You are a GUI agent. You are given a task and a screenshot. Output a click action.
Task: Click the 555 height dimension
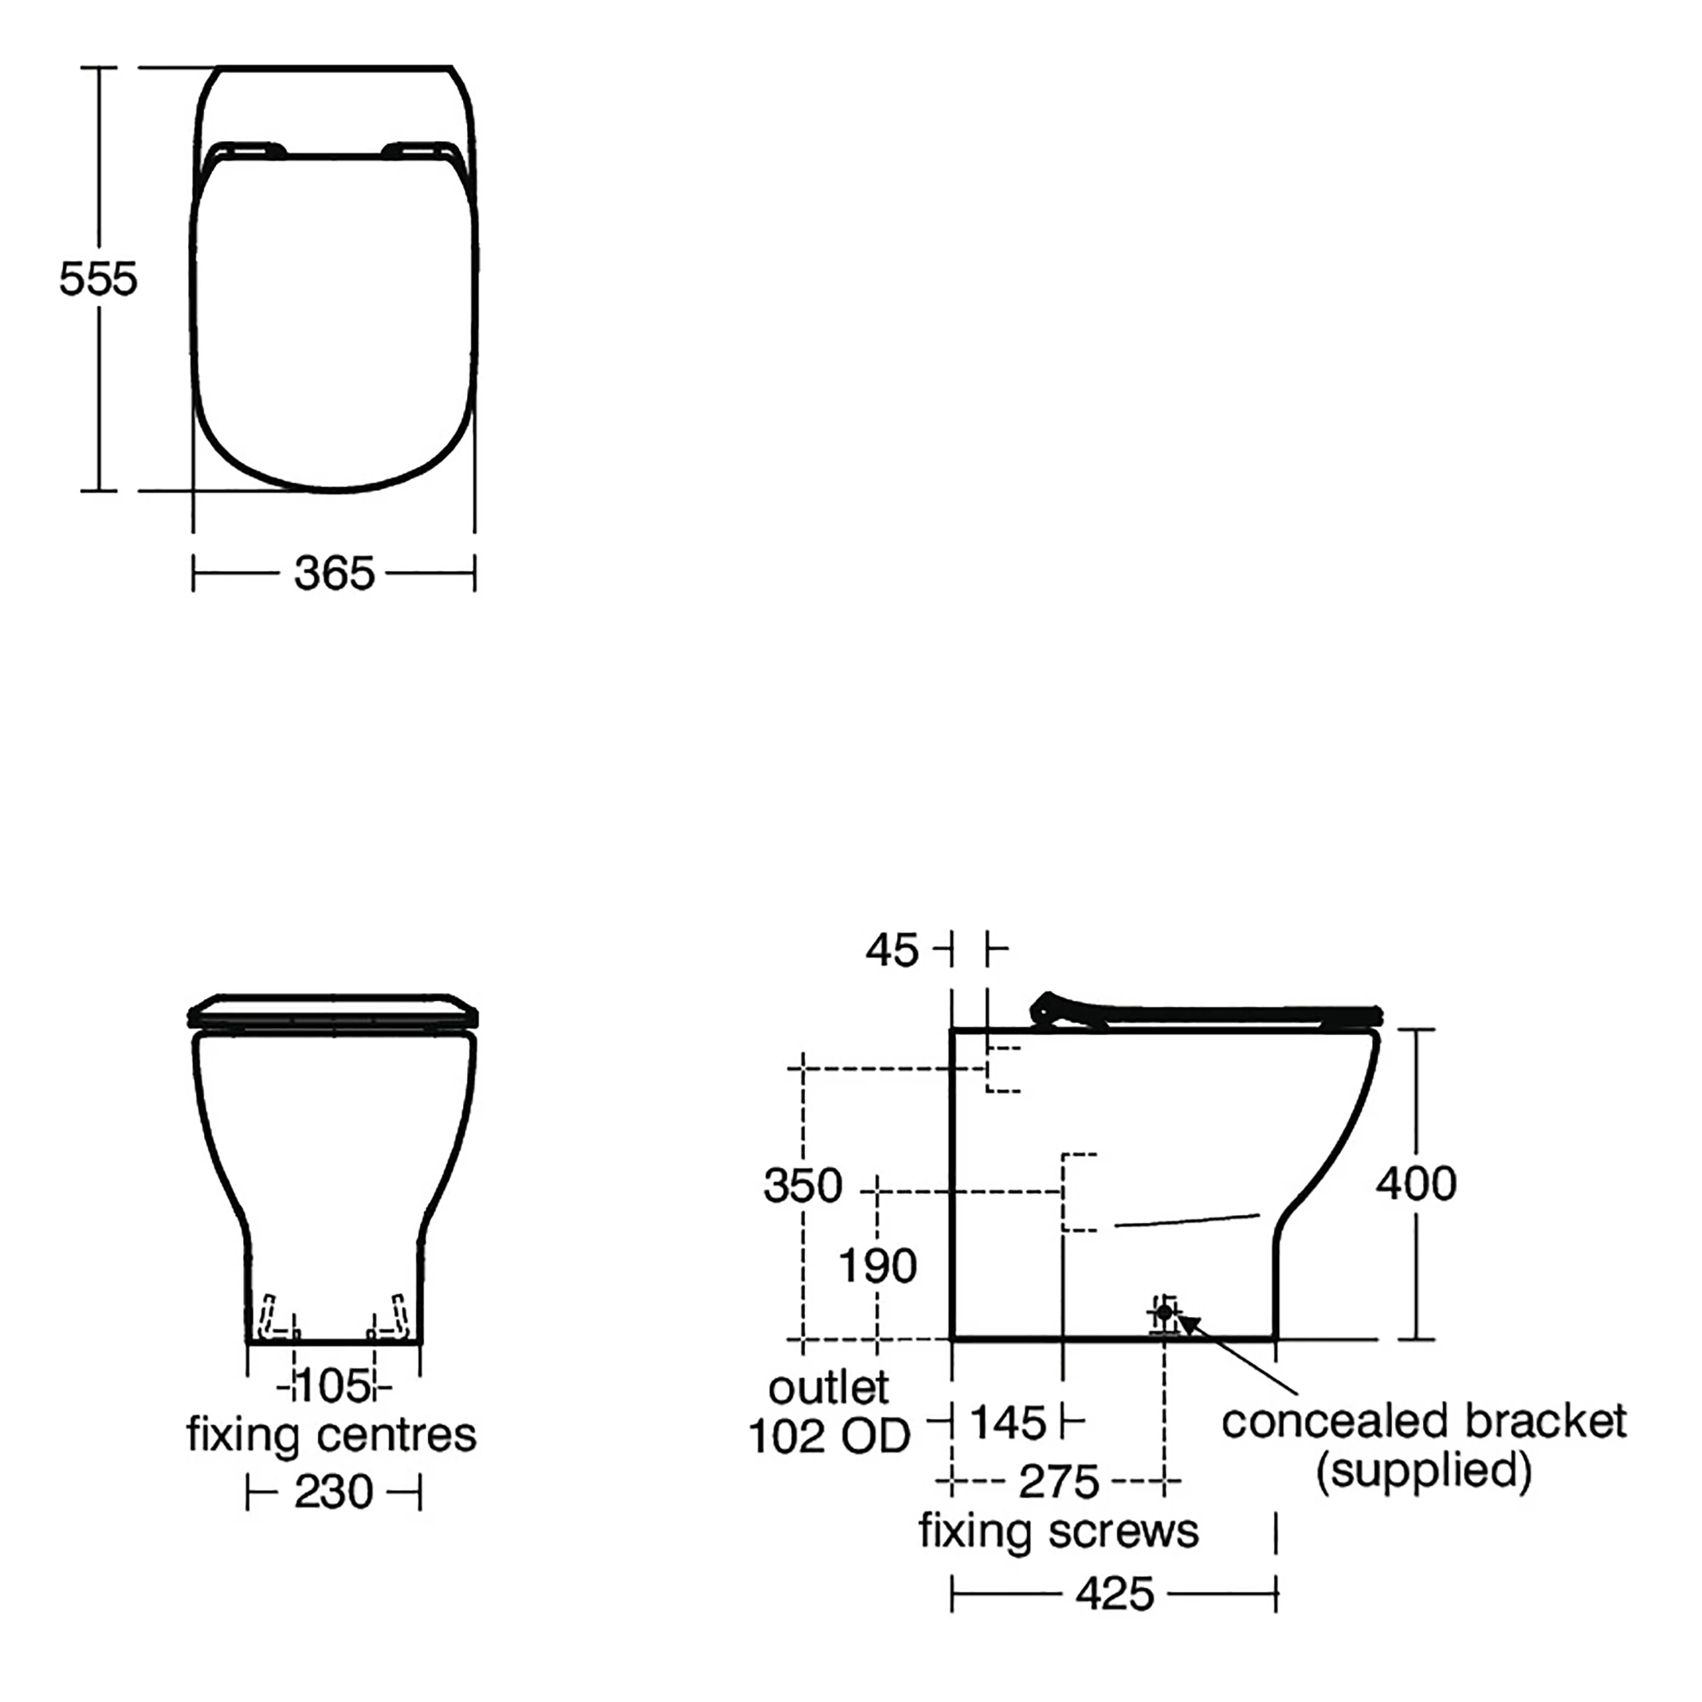tap(98, 279)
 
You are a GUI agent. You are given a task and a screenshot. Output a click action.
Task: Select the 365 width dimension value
tap(334, 574)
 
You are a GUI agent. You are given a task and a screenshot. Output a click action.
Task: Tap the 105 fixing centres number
tap(334, 1386)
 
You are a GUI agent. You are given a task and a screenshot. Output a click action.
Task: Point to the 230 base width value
tap(334, 1493)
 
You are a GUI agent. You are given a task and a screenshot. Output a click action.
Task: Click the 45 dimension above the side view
tap(892, 951)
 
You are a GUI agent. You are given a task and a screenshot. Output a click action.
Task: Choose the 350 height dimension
tap(802, 1185)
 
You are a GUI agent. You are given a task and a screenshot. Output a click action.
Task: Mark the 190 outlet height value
tap(877, 1267)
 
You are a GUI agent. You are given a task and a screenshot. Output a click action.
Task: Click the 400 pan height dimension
tap(1416, 1183)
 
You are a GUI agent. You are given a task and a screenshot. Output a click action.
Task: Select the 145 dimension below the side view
tap(1008, 1423)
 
